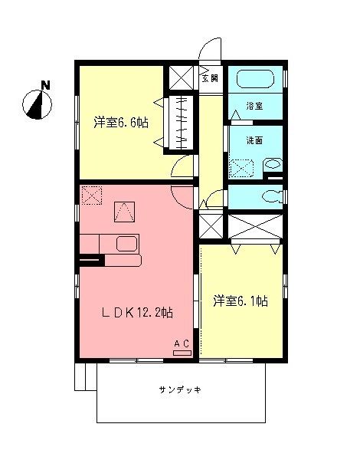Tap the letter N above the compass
(x=45, y=85)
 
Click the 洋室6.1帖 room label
(x=241, y=301)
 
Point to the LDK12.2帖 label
(x=138, y=312)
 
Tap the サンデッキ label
(x=181, y=390)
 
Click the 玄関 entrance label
(x=210, y=77)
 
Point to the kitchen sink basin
(x=126, y=245)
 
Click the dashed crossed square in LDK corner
(x=92, y=196)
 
